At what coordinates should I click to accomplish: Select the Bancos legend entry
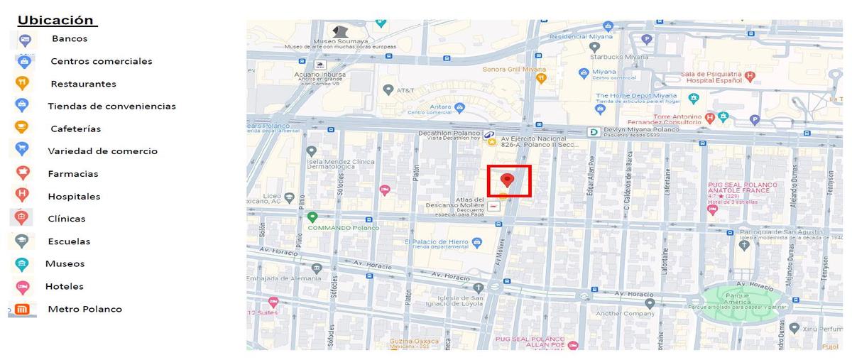70,38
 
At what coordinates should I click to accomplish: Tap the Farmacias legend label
73,174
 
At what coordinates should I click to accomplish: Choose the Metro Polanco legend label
84,309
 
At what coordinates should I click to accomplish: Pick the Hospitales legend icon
22,195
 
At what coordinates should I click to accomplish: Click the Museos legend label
65,263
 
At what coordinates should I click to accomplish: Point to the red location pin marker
507,180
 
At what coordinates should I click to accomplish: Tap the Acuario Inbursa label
320,74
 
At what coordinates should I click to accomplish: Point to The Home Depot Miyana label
636,96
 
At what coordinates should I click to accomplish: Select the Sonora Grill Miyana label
514,70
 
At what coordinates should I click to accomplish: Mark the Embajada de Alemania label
274,278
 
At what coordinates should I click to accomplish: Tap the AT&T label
405,90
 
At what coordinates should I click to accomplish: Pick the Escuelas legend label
69,241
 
